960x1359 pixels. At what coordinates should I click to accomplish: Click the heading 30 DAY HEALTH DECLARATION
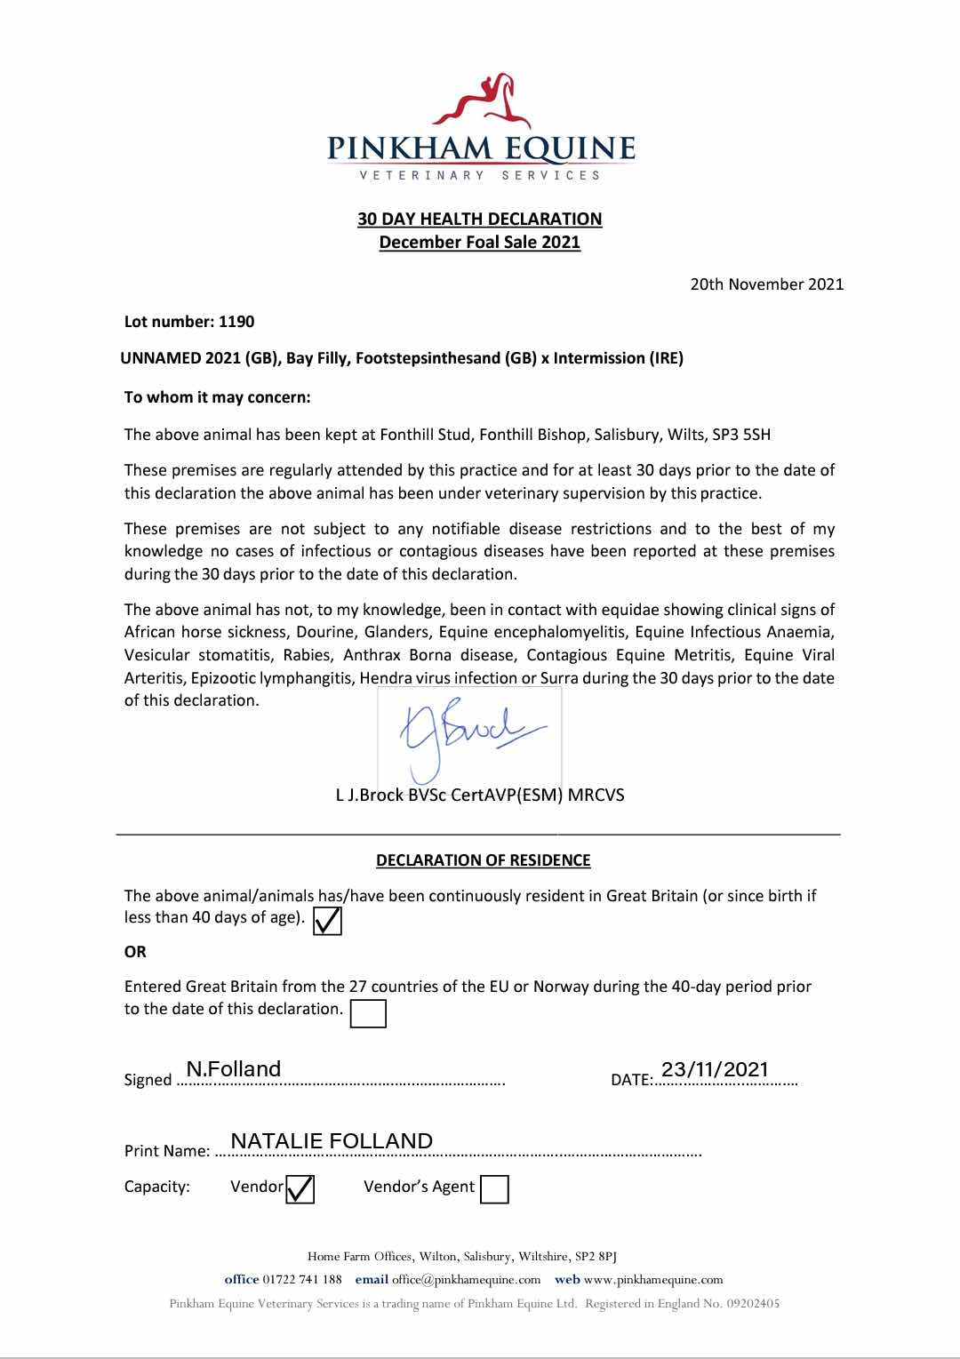pos(479,219)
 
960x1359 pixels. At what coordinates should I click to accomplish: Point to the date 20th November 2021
pos(766,284)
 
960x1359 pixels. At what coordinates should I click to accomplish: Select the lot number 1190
pos(236,322)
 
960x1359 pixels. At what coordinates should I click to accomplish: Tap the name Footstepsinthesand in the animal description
pos(428,358)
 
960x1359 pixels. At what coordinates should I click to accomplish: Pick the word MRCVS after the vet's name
pos(596,795)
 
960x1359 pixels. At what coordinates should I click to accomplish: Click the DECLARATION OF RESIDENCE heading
pos(483,860)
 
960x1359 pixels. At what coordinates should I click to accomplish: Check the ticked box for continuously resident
pos(328,921)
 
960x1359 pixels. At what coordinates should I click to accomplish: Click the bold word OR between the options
pos(135,952)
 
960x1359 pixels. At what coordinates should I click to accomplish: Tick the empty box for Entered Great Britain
pos(368,1014)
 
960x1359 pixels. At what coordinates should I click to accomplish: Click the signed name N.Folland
pos(234,1069)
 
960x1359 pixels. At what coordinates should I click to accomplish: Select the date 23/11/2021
pos(715,1069)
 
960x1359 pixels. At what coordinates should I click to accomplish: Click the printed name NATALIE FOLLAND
pos(332,1141)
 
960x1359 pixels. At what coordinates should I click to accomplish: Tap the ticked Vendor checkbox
pos(300,1188)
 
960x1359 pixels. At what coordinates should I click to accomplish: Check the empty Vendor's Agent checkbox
pos(494,1189)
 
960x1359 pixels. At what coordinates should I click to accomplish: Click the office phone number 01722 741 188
pos(302,1280)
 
